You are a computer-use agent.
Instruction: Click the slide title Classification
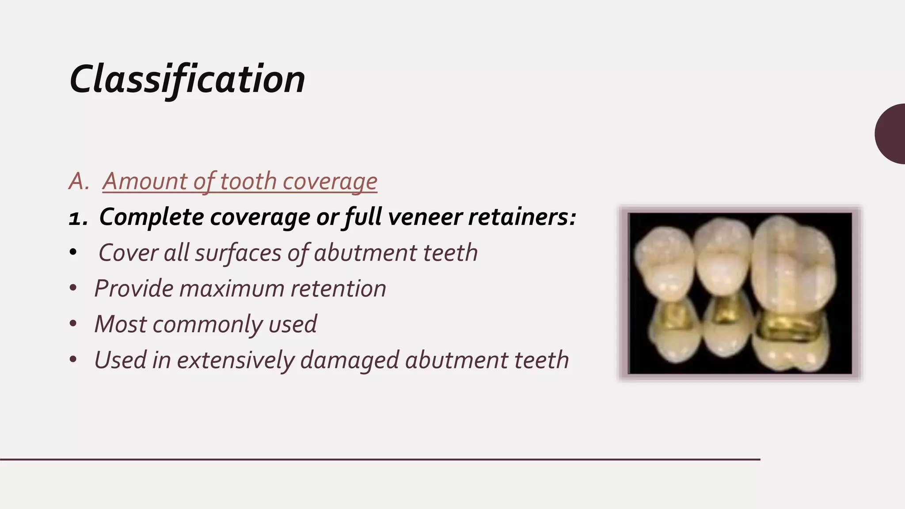(x=187, y=80)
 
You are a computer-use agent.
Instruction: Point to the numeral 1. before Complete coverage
(x=78, y=218)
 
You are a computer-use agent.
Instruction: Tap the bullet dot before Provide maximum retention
(x=73, y=288)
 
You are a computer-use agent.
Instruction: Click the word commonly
(x=208, y=324)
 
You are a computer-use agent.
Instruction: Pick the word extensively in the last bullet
(x=235, y=360)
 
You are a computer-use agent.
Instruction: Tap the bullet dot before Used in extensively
(x=73, y=360)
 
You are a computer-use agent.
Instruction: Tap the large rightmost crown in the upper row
(x=793, y=265)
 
